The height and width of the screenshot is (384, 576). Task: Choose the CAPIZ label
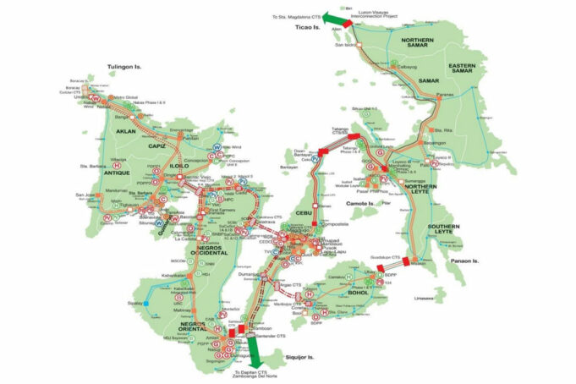pos(157,145)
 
